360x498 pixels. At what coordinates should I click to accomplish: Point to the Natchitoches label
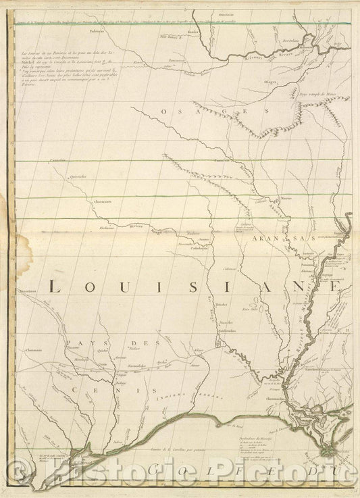pyautogui.click(x=226, y=330)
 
